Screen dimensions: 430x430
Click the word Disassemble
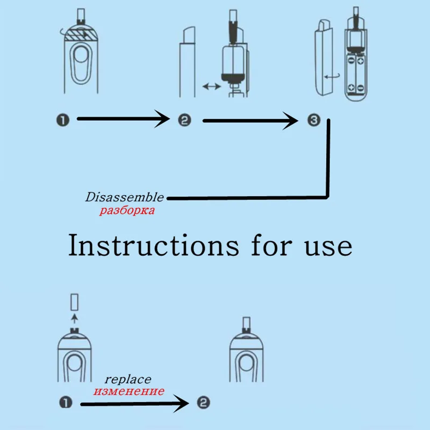[x=124, y=197]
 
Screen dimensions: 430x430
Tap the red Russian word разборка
[x=127, y=210]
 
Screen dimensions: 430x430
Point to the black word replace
[x=127, y=379]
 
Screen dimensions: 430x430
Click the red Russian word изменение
[x=128, y=391]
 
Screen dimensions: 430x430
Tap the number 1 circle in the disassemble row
[x=63, y=119]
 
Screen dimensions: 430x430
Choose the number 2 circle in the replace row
[x=203, y=402]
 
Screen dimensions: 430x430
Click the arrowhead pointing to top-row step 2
[x=161, y=119]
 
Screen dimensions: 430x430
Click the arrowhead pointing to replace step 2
[x=183, y=402]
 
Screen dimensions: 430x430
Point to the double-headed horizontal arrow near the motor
[x=210, y=85]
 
